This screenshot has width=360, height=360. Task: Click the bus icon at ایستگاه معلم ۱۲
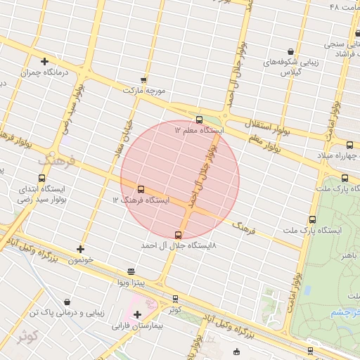pyautogui.click(x=199, y=120)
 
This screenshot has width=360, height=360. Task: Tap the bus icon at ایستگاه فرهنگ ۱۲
pyautogui.click(x=141, y=189)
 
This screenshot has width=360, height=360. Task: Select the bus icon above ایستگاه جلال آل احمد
pyautogui.click(x=178, y=235)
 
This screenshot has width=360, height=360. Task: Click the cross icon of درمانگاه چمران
pyautogui.click(x=45, y=61)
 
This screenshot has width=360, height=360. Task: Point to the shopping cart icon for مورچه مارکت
pyautogui.click(x=144, y=80)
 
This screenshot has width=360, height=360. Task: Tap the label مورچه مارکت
pyautogui.click(x=144, y=91)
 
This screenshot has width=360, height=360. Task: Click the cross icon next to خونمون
pyautogui.click(x=81, y=249)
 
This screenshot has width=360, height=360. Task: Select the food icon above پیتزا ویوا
pyautogui.click(x=131, y=271)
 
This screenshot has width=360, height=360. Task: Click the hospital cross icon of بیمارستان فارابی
pyautogui.click(x=137, y=314)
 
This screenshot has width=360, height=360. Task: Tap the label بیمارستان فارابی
pyautogui.click(x=137, y=326)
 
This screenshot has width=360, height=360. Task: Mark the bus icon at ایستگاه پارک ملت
pyautogui.click(x=345, y=178)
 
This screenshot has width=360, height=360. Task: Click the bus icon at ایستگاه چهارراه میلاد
pyautogui.click(x=349, y=144)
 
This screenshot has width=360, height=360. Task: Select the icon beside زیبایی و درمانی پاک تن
pyautogui.click(x=67, y=301)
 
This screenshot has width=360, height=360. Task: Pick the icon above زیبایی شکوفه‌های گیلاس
pyautogui.click(x=291, y=51)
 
